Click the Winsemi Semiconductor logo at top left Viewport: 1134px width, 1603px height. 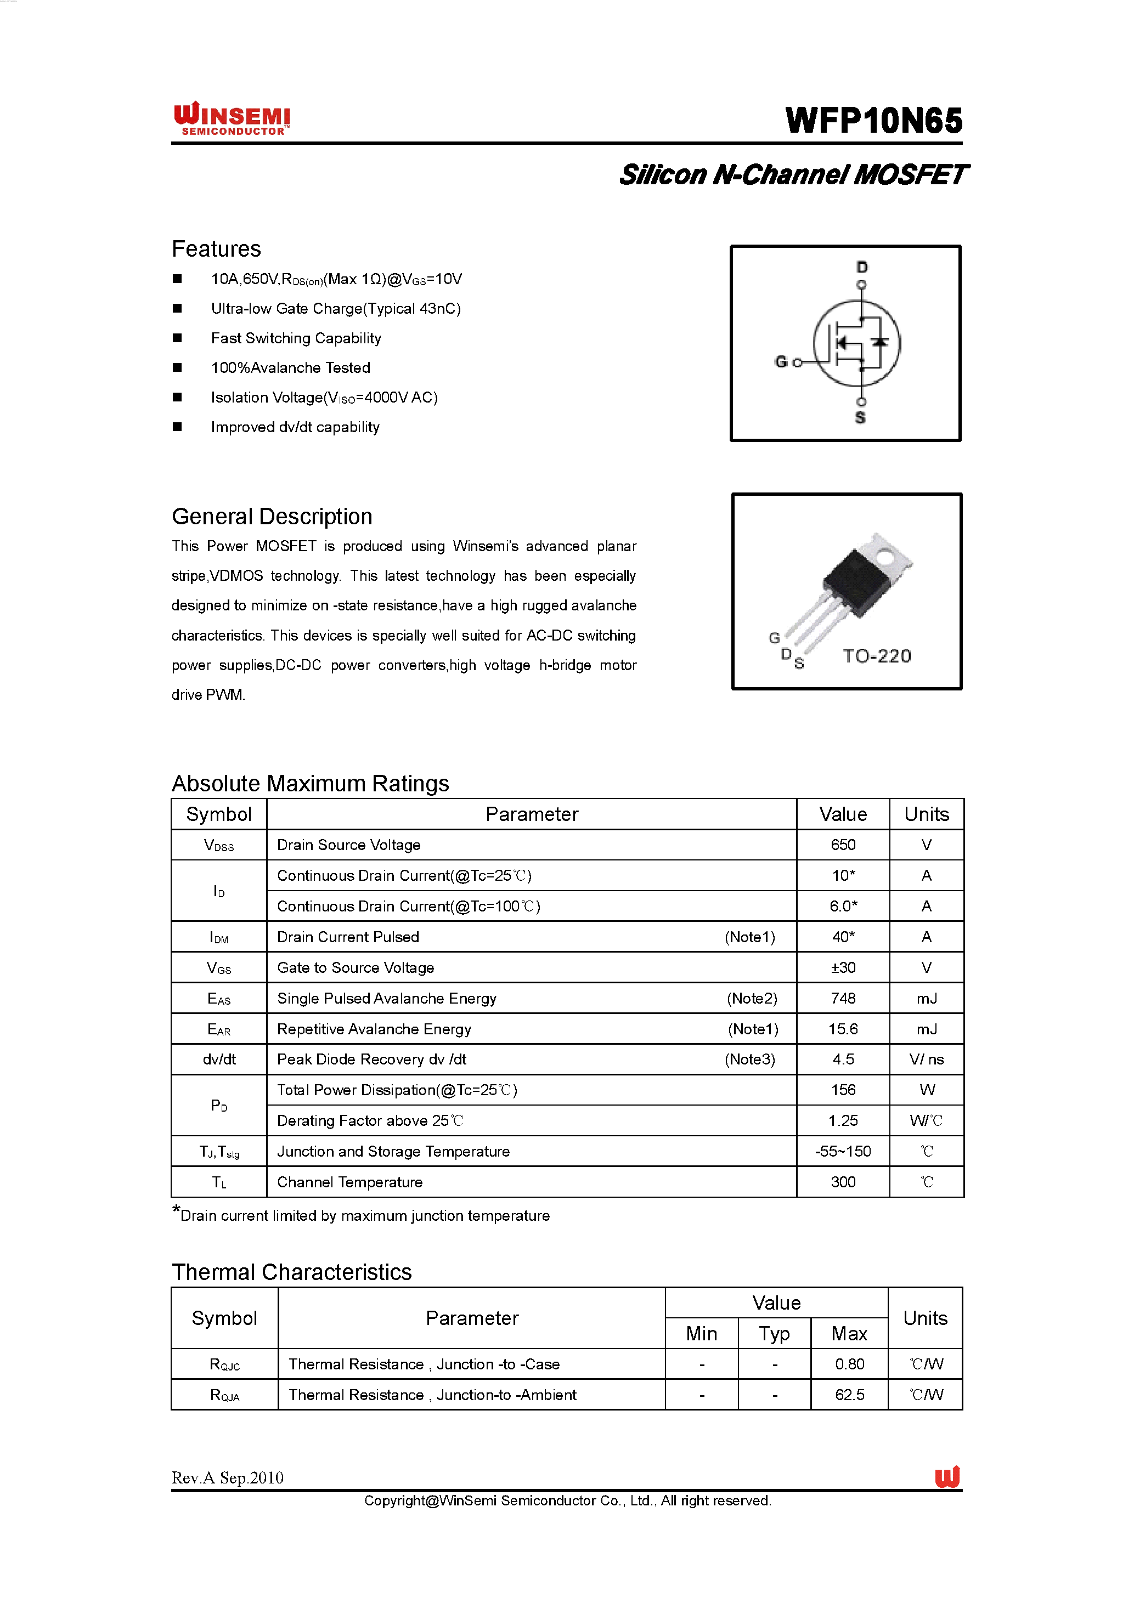pyautogui.click(x=232, y=118)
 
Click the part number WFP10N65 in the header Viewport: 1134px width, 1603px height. pyautogui.click(x=873, y=121)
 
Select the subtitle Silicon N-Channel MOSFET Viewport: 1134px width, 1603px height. pyautogui.click(x=793, y=174)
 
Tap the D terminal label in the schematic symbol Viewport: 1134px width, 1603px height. pyautogui.click(x=862, y=268)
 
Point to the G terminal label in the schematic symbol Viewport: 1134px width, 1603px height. pyautogui.click(x=781, y=361)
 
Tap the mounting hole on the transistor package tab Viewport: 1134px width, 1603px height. pyautogui.click(x=885, y=557)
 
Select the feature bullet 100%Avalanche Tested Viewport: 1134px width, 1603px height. pyautogui.click(x=290, y=368)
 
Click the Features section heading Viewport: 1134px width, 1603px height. pyautogui.click(x=217, y=248)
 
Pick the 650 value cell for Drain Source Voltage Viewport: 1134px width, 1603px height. pyautogui.click(x=843, y=845)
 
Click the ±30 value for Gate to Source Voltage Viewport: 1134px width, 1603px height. pyautogui.click(x=843, y=967)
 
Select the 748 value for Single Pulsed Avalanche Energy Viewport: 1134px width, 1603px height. pyautogui.click(x=843, y=999)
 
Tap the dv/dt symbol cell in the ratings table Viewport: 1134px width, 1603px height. pyautogui.click(x=219, y=1059)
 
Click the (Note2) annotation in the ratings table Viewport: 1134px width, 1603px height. pyautogui.click(x=752, y=999)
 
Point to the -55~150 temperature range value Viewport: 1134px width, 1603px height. pyautogui.click(x=843, y=1151)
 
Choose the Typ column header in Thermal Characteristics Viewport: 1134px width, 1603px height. pyautogui.click(x=775, y=1334)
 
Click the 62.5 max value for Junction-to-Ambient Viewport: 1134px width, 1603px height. pyautogui.click(x=849, y=1395)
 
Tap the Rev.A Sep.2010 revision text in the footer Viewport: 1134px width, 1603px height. pyautogui.click(x=228, y=1477)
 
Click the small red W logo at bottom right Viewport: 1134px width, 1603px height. pyautogui.click(x=947, y=1477)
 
